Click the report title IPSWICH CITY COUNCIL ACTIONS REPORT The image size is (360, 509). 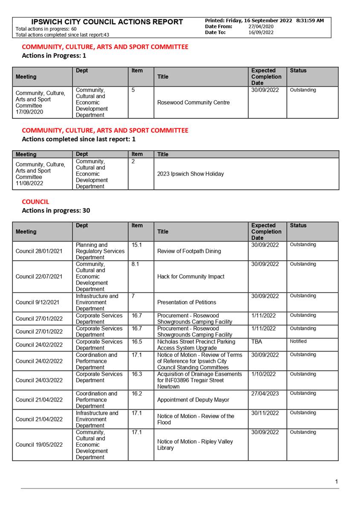pyautogui.click(x=107, y=22)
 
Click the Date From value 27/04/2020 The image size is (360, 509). pyautogui.click(x=261, y=26)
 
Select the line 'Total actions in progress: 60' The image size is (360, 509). pyautogui.click(x=46, y=29)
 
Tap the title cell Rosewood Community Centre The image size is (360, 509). pyautogui.click(x=193, y=102)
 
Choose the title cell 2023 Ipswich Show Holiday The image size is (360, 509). pyautogui.click(x=190, y=174)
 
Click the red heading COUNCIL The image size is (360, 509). pyautogui.click(x=35, y=202)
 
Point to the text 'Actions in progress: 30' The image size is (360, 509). pyautogui.click(x=56, y=210)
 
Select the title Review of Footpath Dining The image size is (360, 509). pyautogui.click(x=189, y=251)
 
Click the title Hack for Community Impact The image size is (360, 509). pyautogui.click(x=191, y=276)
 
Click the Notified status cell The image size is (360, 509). pyautogui.click(x=298, y=341)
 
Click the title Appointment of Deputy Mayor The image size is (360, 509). pyautogui.click(x=193, y=400)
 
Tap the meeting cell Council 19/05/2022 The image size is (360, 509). pyautogui.click(x=39, y=445)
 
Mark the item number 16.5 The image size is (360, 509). pyautogui.click(x=137, y=342)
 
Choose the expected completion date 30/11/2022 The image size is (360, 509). pyautogui.click(x=265, y=413)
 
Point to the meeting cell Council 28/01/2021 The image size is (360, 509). pyautogui.click(x=39, y=251)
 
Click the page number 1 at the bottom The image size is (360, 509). pyautogui.click(x=337, y=482)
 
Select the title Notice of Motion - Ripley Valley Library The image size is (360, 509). pyautogui.click(x=195, y=445)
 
